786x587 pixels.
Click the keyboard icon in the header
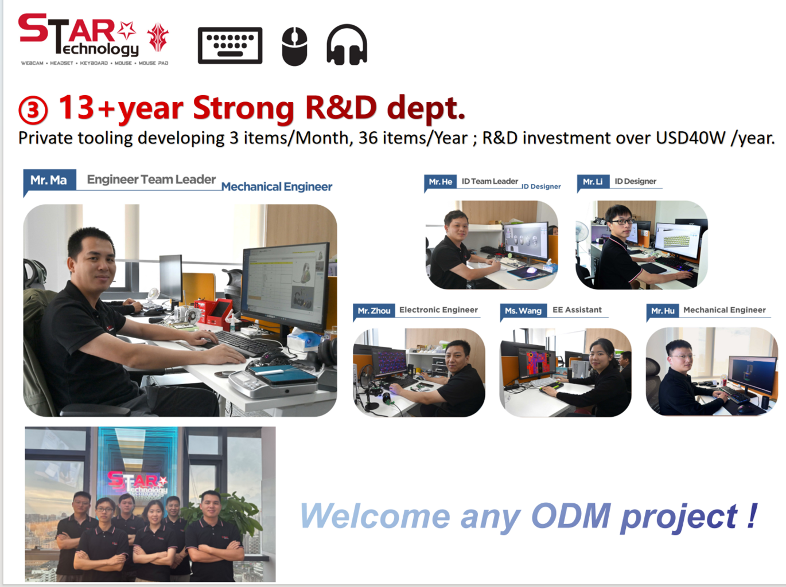[x=230, y=45]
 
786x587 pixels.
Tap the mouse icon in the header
[x=294, y=46]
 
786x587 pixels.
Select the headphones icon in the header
[x=347, y=45]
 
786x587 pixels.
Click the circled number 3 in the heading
[x=33, y=111]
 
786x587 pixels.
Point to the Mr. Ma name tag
[x=49, y=180]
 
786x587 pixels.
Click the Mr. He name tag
[x=441, y=182]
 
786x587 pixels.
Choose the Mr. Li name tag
[x=593, y=182]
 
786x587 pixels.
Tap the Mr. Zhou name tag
[x=374, y=311]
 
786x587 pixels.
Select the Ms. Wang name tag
[x=523, y=311]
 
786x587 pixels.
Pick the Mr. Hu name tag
[x=663, y=311]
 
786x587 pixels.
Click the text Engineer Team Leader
[x=151, y=179]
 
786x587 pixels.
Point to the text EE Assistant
[x=577, y=310]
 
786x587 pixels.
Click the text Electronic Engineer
[x=439, y=310]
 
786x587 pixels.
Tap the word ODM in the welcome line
[x=571, y=515]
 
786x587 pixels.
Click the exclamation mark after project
[x=752, y=515]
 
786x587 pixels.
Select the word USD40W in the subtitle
[x=690, y=138]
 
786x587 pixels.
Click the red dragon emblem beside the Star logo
[x=158, y=37]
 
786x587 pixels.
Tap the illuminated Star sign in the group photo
[x=138, y=482]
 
